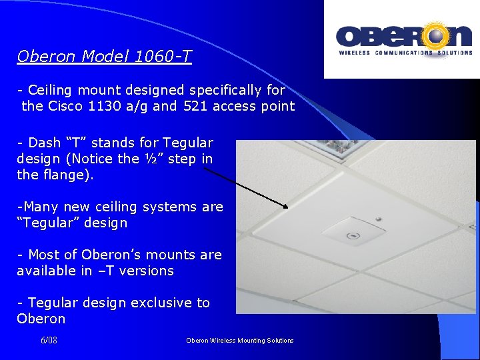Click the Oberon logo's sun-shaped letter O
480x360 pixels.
[437, 36]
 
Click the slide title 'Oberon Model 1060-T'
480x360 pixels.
[105, 57]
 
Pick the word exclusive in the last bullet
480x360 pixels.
[160, 303]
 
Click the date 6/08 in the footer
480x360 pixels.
[49, 340]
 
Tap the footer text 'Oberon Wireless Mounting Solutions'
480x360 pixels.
[239, 341]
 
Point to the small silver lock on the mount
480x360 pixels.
[379, 219]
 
